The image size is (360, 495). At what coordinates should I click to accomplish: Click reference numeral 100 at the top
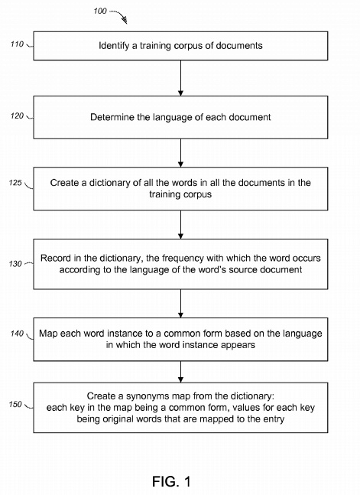click(x=100, y=11)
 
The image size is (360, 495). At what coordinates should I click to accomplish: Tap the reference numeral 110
click(x=17, y=44)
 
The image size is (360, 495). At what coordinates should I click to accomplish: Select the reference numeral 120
click(x=17, y=116)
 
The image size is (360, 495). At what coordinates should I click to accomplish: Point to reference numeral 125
click(x=15, y=182)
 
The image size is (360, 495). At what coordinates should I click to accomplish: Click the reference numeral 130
click(x=15, y=264)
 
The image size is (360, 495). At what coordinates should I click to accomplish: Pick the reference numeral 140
click(x=17, y=334)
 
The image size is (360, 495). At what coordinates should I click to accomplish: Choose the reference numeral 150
click(x=15, y=404)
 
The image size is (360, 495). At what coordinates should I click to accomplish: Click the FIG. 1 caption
click(x=171, y=481)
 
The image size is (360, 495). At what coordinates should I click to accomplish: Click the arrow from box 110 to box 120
click(x=180, y=78)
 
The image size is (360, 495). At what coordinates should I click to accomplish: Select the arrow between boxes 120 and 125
click(x=180, y=153)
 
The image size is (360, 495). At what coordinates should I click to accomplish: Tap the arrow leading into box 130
click(x=180, y=225)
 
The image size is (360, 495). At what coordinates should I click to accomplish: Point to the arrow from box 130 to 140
click(x=180, y=304)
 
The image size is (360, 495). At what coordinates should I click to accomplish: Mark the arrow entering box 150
click(x=180, y=372)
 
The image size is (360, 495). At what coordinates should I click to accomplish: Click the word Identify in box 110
click(x=114, y=46)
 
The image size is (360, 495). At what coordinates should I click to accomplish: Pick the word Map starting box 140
click(x=48, y=334)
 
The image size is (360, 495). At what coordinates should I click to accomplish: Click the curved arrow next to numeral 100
click(x=119, y=16)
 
